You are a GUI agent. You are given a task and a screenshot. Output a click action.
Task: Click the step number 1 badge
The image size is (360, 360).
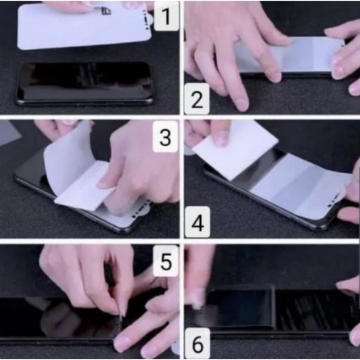[166, 16]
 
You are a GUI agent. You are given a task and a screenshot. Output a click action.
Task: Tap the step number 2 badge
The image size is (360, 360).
[197, 98]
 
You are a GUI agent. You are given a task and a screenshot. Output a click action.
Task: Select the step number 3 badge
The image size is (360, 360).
[165, 136]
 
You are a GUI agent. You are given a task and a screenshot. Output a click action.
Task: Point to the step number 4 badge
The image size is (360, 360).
[198, 222]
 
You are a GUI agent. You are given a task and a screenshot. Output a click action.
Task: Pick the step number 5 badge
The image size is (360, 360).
[165, 261]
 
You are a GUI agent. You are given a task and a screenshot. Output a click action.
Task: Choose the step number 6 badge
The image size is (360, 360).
[198, 343]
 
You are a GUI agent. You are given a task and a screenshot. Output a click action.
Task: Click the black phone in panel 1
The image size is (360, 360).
[85, 83]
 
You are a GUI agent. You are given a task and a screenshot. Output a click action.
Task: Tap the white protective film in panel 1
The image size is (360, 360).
[84, 26]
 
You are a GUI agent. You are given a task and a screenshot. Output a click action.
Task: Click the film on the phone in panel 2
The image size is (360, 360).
[291, 55]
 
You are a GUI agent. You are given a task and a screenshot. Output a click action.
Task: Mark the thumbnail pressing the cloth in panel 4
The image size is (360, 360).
[221, 139]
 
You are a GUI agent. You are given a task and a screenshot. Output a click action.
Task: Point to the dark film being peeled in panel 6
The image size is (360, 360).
[241, 307]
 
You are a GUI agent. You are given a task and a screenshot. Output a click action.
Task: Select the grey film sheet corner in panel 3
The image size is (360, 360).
[9, 132]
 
